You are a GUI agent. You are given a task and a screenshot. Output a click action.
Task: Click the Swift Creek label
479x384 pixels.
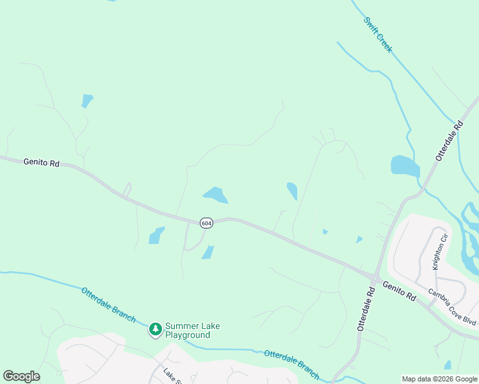(378, 35)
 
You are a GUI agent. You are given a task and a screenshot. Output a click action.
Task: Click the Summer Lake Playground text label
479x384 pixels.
(192, 330)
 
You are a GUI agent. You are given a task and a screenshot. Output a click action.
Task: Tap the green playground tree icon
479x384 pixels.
(155, 330)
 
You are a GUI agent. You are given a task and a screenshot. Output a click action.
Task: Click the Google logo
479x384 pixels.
(21, 376)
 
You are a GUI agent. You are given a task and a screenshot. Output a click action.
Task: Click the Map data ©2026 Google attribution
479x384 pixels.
(440, 379)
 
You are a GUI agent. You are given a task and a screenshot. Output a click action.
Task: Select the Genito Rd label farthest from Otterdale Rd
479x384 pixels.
(42, 163)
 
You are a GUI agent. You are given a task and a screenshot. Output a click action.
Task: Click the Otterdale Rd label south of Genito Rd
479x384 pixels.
(366, 308)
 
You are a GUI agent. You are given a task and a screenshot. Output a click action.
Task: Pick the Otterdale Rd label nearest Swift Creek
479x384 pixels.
(450, 140)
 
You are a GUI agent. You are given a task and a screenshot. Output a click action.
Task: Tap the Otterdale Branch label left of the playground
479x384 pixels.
(108, 304)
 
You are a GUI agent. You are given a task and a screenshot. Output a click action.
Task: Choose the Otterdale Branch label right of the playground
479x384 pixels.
(291, 362)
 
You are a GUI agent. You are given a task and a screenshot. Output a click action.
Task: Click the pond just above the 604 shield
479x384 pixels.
(215, 195)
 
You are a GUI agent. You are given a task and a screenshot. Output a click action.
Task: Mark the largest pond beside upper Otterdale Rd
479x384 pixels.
(405, 166)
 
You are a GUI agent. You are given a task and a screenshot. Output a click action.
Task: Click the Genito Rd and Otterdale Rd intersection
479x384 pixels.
(375, 277)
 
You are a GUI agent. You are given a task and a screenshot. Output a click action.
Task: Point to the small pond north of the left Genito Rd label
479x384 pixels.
(87, 100)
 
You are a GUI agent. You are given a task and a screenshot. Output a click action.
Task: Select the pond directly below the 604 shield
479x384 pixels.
(208, 252)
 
